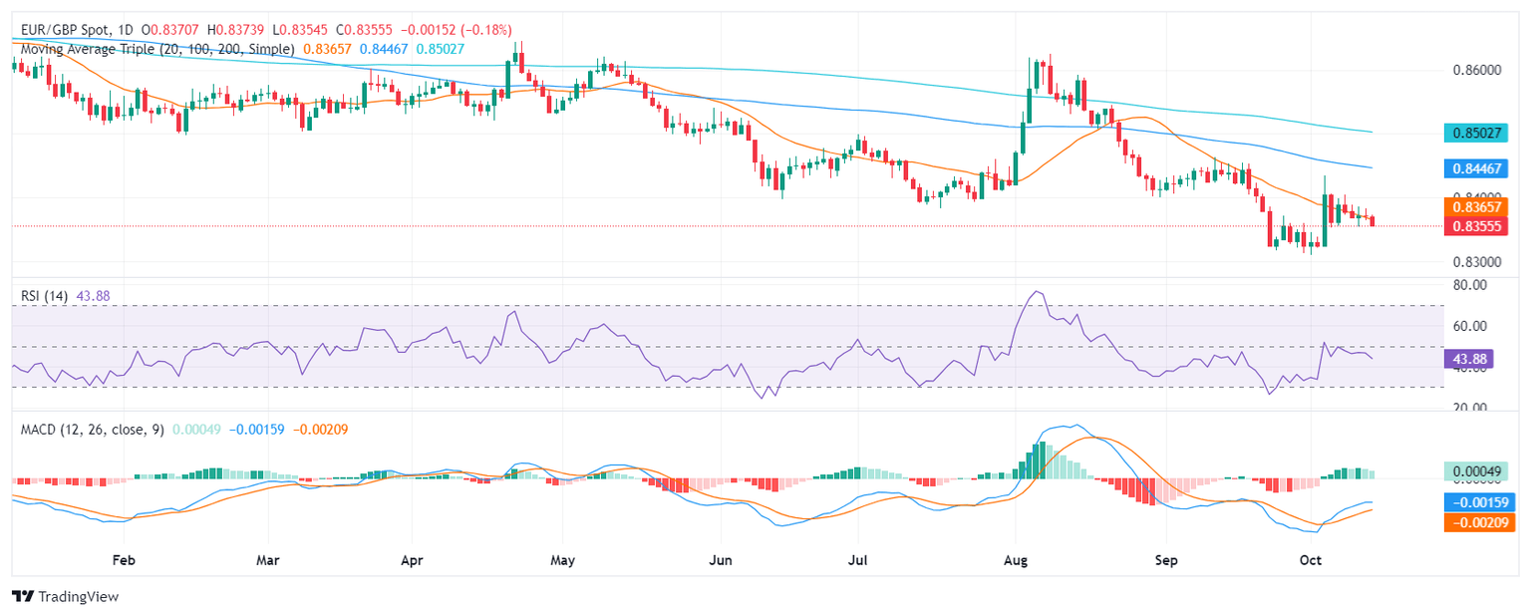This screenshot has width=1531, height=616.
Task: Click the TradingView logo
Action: pos(65,596)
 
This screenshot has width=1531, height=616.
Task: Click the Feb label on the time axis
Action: pos(123,561)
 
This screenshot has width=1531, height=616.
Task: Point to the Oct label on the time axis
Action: pos(1312,561)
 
